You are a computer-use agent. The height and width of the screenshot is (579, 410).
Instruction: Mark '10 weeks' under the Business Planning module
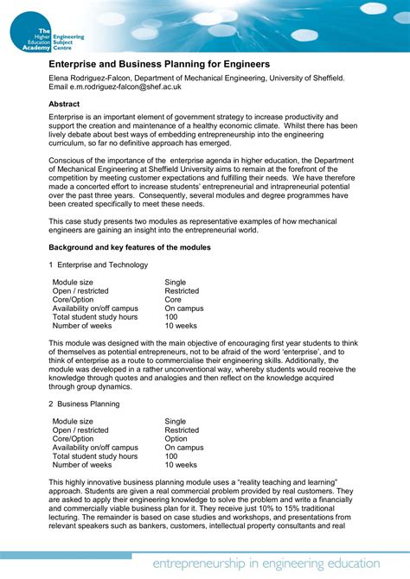pyautogui.click(x=181, y=465)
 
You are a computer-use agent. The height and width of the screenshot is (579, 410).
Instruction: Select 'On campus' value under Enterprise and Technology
pyautogui.click(x=184, y=309)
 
